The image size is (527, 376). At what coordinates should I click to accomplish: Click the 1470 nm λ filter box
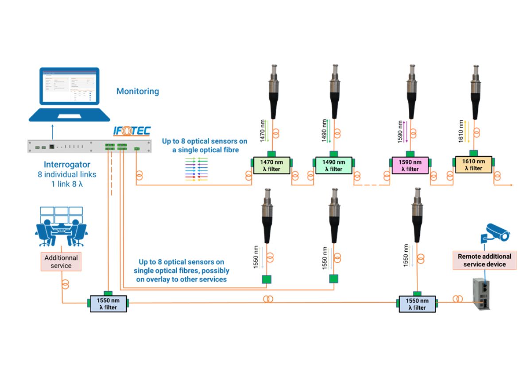coord(271,165)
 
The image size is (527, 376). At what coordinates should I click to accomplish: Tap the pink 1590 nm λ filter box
coord(410,165)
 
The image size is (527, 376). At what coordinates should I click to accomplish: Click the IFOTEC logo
coord(132,131)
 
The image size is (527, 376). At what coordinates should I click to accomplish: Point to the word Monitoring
coord(137,92)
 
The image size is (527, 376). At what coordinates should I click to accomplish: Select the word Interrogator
coord(67,165)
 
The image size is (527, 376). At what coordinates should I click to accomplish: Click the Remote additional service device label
coord(484,260)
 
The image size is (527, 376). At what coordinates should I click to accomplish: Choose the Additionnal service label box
coord(61,261)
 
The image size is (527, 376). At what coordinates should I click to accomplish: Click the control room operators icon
coord(61,227)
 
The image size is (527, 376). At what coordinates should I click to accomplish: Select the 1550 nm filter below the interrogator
coord(108,304)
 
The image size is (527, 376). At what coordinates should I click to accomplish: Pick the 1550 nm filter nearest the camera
coord(416,304)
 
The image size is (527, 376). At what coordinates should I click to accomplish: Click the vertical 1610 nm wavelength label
coord(461,131)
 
